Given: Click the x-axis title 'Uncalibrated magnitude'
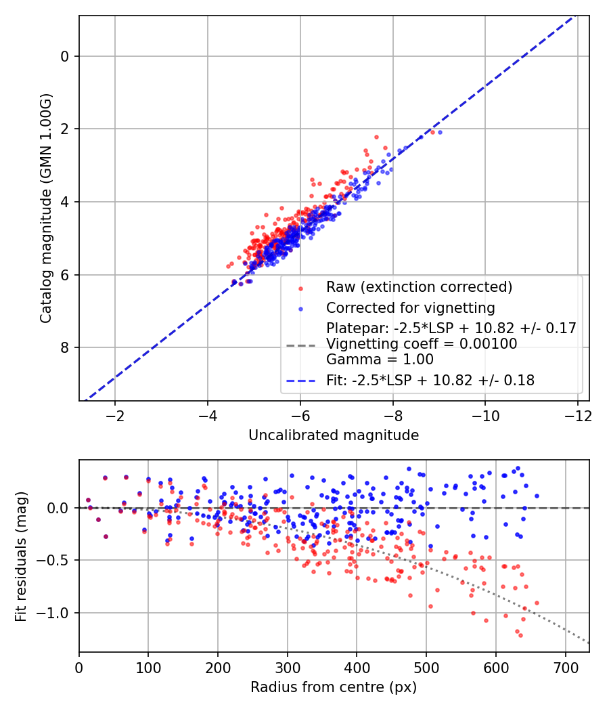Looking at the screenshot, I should pyautogui.click(x=334, y=435).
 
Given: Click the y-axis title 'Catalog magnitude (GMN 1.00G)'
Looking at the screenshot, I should pyautogui.click(x=45, y=209).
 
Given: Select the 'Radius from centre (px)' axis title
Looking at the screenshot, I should pyautogui.click(x=334, y=687).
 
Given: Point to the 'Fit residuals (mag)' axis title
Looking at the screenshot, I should pyautogui.click(x=21, y=556).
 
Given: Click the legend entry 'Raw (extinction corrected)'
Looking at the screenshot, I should pyautogui.click(x=419, y=287).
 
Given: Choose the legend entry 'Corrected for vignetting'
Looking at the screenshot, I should pyautogui.click(x=410, y=308).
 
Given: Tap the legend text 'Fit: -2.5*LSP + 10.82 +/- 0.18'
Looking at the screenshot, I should pyautogui.click(x=430, y=381).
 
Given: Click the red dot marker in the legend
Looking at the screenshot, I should pyautogui.click(x=301, y=288).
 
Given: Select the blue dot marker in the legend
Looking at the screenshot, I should pyautogui.click(x=301, y=309).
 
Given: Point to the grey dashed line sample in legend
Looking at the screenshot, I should pyautogui.click(x=301, y=345).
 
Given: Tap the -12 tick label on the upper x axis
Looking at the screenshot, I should pyautogui.click(x=577, y=414).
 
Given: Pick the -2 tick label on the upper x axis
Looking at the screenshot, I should pyautogui.click(x=115, y=414).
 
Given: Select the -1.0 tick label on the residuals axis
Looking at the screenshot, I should pyautogui.click(x=57, y=613).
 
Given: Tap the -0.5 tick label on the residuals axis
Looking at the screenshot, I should pyautogui.click(x=57, y=561).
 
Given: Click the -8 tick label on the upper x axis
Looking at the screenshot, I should pyautogui.click(x=392, y=414).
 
